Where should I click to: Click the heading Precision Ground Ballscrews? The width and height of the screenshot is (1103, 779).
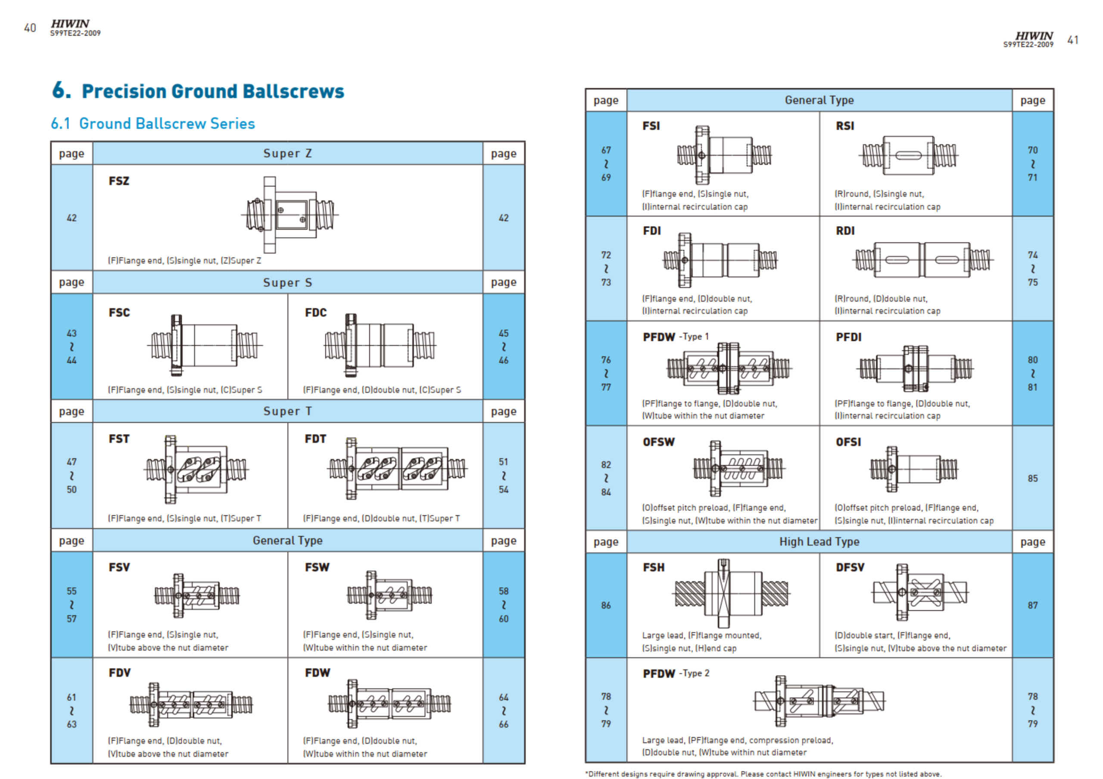point(213,91)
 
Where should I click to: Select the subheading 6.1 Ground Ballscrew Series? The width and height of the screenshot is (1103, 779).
point(153,124)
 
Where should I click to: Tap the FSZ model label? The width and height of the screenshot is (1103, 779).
point(119,181)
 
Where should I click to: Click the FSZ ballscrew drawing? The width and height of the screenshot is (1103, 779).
point(290,215)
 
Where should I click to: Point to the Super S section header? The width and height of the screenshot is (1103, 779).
point(288,282)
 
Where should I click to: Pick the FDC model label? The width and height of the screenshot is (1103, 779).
point(316,312)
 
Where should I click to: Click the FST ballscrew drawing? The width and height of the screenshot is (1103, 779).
point(196,470)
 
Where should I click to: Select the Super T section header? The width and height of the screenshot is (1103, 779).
point(288,411)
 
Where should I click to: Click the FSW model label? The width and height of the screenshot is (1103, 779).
point(317,567)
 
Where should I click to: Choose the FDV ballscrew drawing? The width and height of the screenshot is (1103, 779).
point(191,705)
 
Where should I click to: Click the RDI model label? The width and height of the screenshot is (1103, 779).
point(845,231)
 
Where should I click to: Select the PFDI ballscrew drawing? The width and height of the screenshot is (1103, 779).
point(915,368)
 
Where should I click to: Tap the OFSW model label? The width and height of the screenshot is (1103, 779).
point(659,442)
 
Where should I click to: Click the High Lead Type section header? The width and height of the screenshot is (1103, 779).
point(819,541)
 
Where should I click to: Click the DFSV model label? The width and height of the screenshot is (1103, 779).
point(850,567)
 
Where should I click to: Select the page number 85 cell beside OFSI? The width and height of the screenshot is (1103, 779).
point(1033,478)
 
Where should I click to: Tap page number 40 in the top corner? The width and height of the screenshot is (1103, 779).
point(30,28)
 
